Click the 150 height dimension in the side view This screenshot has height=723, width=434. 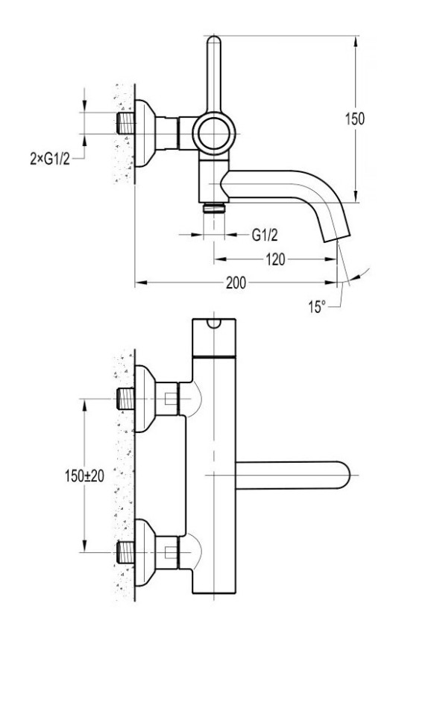(355, 119)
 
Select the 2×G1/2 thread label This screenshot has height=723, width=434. (50, 159)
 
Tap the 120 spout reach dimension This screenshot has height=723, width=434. (275, 259)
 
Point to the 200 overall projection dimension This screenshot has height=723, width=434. (236, 282)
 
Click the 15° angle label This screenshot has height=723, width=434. (317, 306)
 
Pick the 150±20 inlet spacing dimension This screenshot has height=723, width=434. (84, 476)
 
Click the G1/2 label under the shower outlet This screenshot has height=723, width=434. (265, 235)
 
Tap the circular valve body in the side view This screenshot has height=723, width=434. (214, 134)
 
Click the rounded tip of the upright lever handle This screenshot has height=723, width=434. (214, 40)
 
